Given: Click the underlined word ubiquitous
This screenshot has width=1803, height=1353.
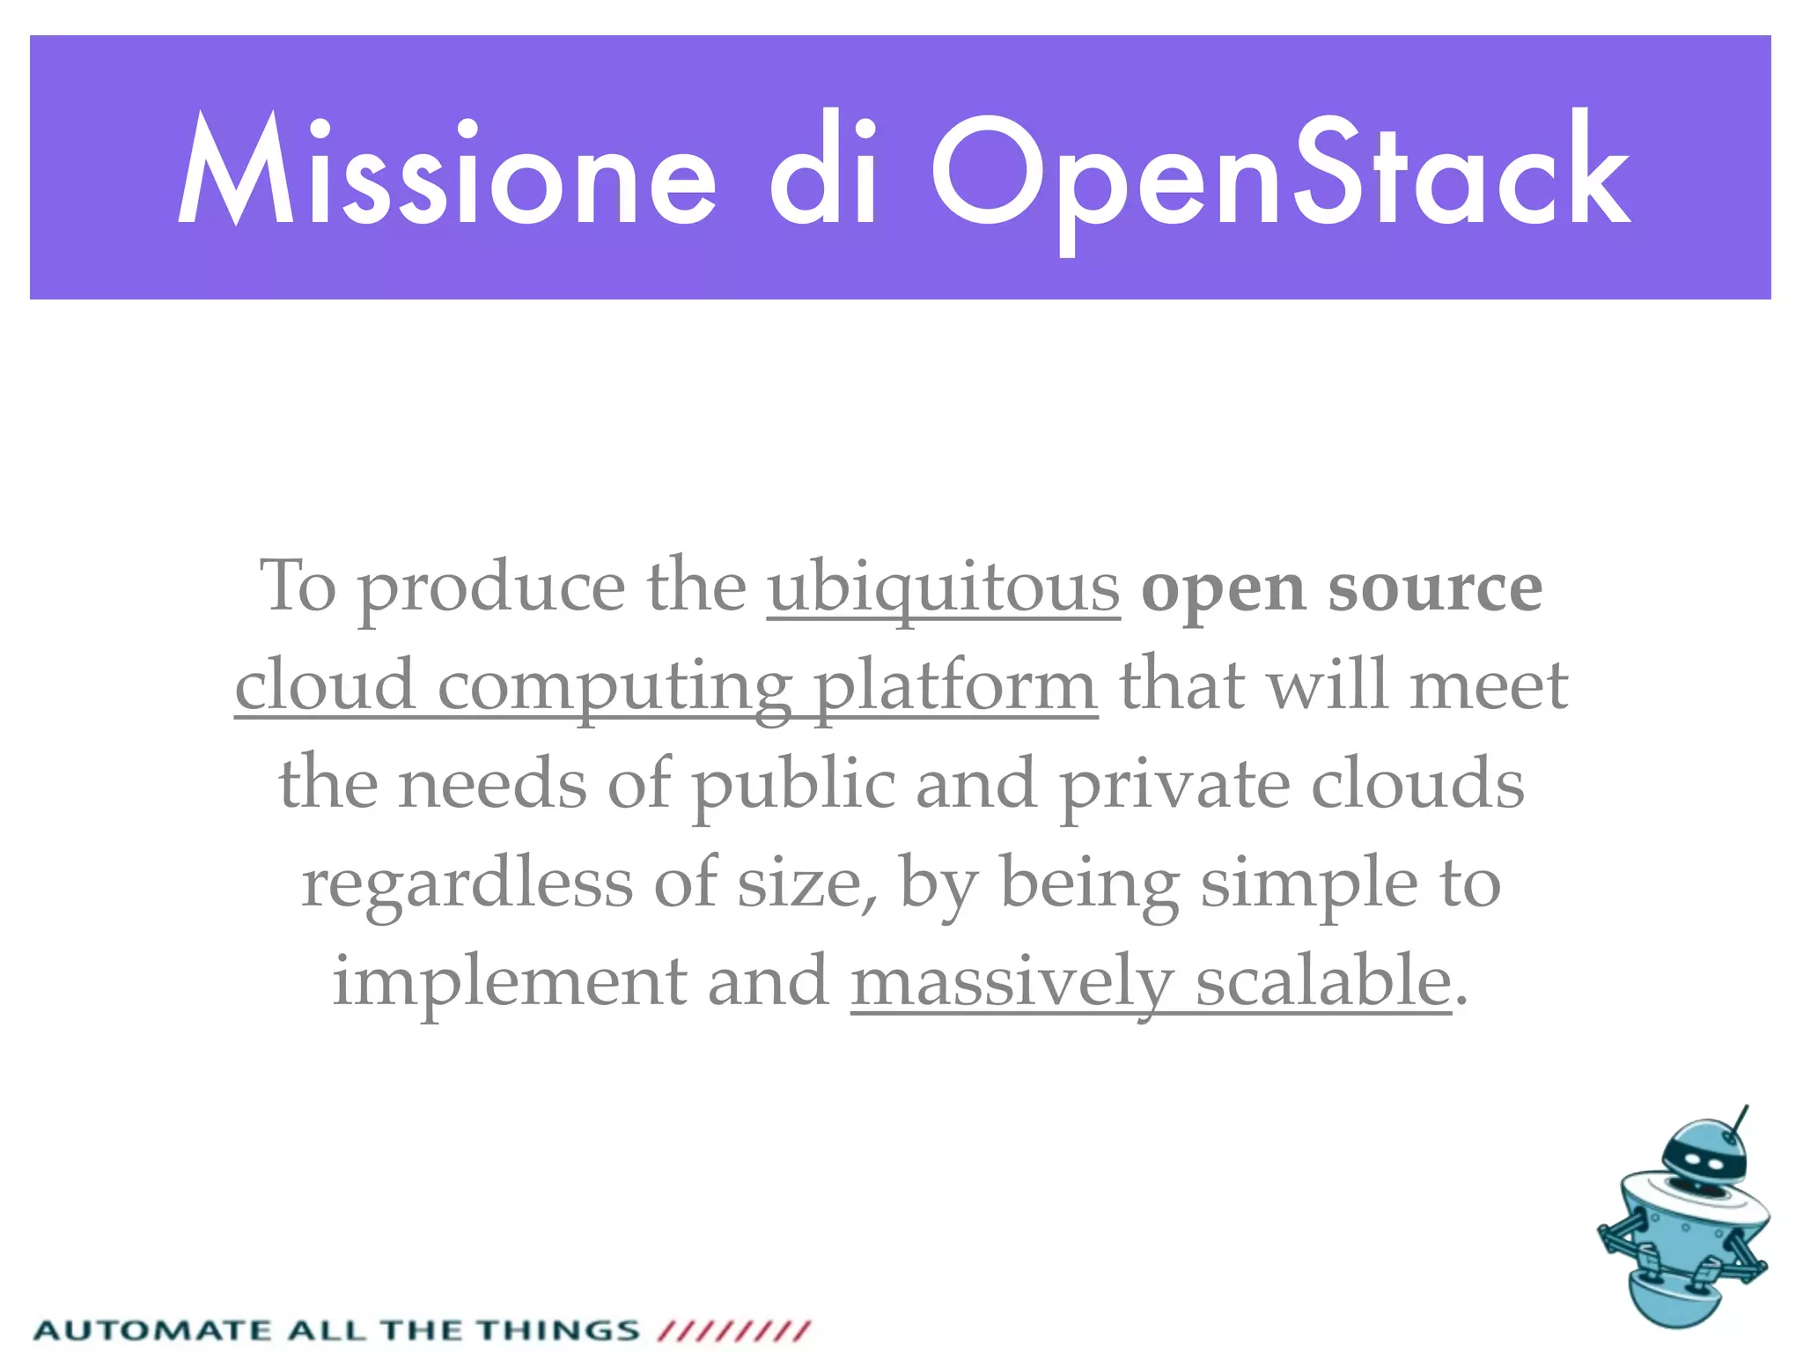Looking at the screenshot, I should coord(944,587).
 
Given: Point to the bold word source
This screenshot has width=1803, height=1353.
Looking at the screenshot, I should coord(1435,587).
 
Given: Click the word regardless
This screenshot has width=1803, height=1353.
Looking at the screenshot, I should coord(467,884).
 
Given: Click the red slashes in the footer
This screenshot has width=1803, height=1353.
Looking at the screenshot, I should coord(734,1329).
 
